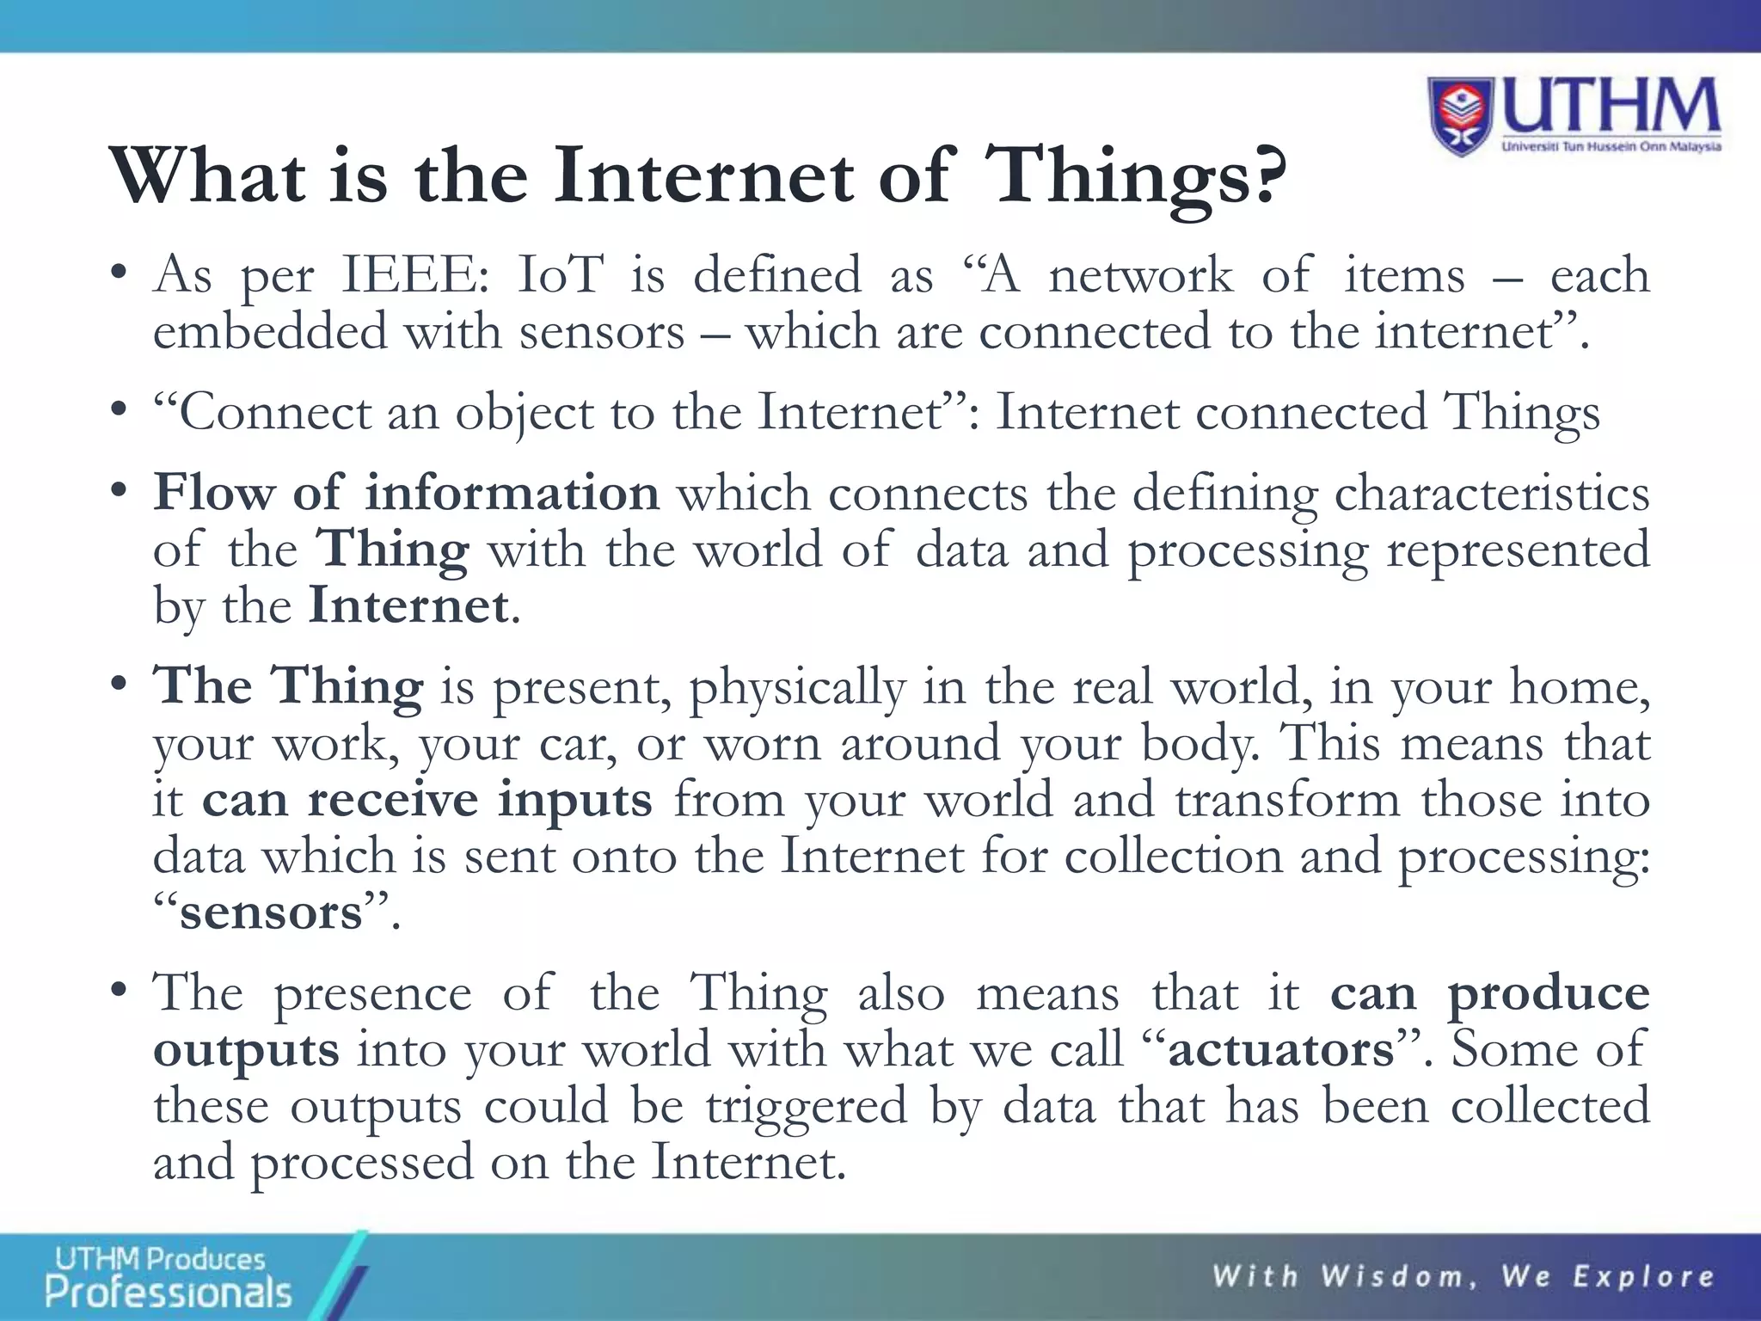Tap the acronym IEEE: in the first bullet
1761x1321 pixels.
pyautogui.click(x=415, y=275)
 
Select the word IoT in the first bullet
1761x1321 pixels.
pyautogui.click(x=561, y=275)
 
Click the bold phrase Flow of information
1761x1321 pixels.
pyautogui.click(x=406, y=494)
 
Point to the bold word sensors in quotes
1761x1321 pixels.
pyautogui.click(x=271, y=912)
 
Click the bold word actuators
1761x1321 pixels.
pyautogui.click(x=1281, y=1049)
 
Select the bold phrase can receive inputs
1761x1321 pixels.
pyautogui.click(x=427, y=800)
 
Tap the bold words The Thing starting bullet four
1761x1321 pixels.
pyautogui.click(x=288, y=687)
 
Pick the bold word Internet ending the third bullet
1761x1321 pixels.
pyautogui.click(x=408, y=606)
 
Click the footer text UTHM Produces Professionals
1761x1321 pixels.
pyautogui.click(x=168, y=1277)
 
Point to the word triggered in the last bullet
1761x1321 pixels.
pyautogui.click(x=807, y=1106)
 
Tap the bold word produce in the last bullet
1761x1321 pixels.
pyautogui.click(x=1549, y=993)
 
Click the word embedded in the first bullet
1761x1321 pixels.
pyautogui.click(x=270, y=332)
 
